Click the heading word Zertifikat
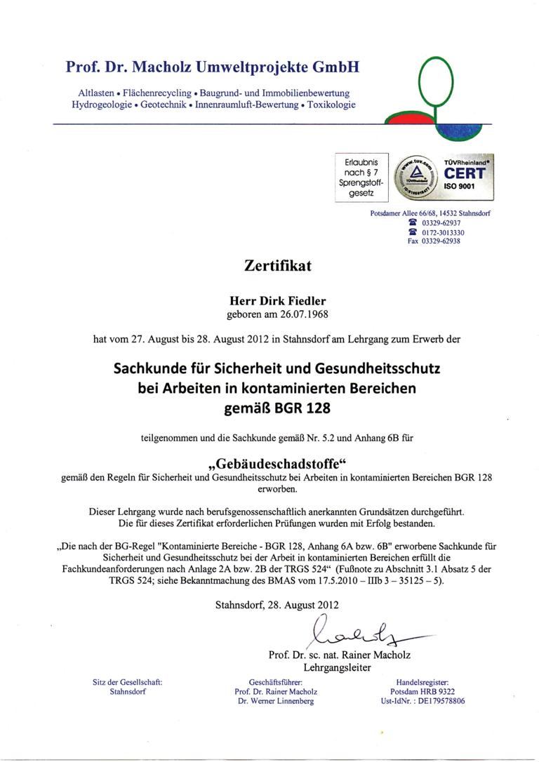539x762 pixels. (277, 266)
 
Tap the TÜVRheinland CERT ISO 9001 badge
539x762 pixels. (444, 178)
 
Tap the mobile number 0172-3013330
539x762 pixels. (443, 232)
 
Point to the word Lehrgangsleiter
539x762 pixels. (337, 667)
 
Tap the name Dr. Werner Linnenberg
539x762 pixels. (275, 701)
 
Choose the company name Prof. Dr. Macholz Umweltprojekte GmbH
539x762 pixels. (213, 67)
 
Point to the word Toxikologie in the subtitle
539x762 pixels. (331, 105)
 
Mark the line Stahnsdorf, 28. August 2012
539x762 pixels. (277, 603)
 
